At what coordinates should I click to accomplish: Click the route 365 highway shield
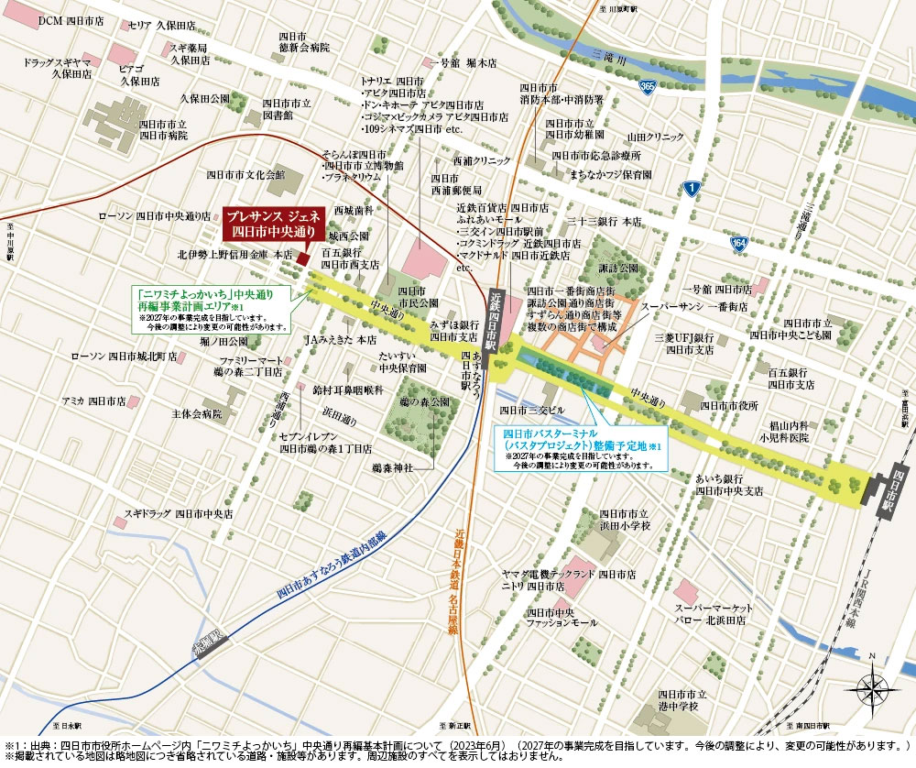coord(648,86)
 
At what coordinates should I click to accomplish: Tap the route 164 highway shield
coord(739,243)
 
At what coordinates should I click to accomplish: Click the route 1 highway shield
coord(692,188)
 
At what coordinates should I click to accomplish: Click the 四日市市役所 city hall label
coord(729,404)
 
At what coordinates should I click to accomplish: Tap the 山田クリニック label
coord(656,136)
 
